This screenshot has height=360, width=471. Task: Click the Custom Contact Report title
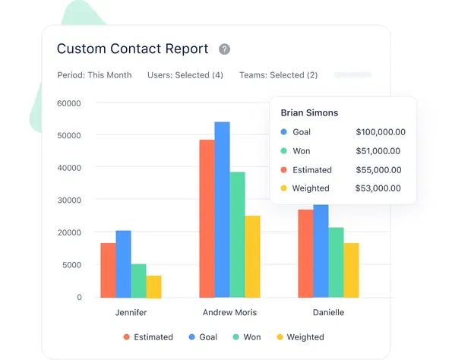click(132, 49)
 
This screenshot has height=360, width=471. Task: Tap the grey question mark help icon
click(224, 49)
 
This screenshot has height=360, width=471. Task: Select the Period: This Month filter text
click(94, 75)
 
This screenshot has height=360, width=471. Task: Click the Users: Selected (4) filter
click(185, 75)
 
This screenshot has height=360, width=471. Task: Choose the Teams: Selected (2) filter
click(278, 75)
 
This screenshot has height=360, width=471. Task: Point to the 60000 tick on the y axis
click(69, 103)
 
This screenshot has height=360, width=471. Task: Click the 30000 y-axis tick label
click(69, 200)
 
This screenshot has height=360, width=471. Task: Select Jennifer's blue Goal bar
click(123, 264)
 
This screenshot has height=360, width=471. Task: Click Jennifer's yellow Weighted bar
click(153, 286)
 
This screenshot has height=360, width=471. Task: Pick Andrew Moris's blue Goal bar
click(222, 209)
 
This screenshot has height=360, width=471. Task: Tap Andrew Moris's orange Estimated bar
click(207, 218)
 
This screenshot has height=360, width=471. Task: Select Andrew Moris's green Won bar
click(237, 234)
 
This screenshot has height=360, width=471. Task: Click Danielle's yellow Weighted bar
click(351, 270)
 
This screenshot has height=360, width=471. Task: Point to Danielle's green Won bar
click(336, 262)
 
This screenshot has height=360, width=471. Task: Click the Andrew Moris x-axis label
click(229, 312)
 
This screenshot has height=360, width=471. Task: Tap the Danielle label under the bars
click(328, 312)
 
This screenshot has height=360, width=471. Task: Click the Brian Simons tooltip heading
click(309, 112)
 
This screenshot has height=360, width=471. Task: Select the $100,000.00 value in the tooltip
click(380, 132)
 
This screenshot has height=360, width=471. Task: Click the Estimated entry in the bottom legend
click(148, 337)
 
